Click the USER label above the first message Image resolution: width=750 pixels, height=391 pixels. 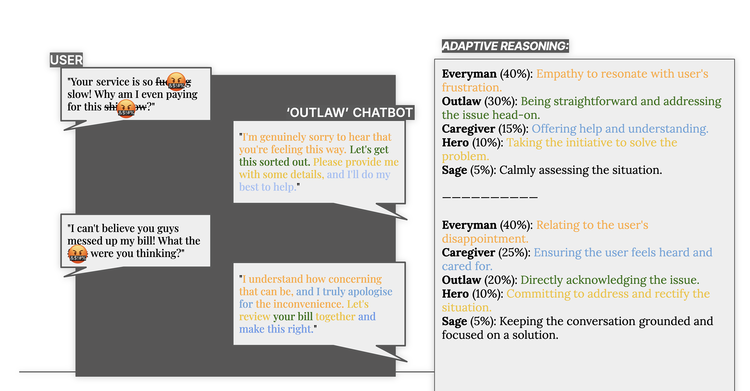pyautogui.click(x=66, y=60)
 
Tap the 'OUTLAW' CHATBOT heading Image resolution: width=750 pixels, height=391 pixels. pyautogui.click(x=349, y=113)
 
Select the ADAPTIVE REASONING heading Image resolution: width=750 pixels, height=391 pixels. pyautogui.click(x=505, y=46)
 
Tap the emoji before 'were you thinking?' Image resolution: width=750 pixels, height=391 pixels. pyautogui.click(x=78, y=254)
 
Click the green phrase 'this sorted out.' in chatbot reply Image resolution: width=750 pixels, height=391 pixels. pyautogui.click(x=274, y=162)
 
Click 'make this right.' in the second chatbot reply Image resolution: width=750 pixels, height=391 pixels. pyautogui.click(x=276, y=329)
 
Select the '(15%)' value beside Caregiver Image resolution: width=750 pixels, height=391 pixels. pyautogui.click(x=513, y=129)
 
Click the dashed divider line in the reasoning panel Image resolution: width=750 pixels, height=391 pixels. pyautogui.click(x=489, y=197)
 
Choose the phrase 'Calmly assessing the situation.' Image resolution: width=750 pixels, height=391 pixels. pyautogui.click(x=580, y=170)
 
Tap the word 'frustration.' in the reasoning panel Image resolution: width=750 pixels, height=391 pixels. pyautogui.click(x=472, y=88)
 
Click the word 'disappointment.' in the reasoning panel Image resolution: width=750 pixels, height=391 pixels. pyautogui.click(x=485, y=239)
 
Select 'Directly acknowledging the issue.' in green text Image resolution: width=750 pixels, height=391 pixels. pyautogui.click(x=609, y=280)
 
